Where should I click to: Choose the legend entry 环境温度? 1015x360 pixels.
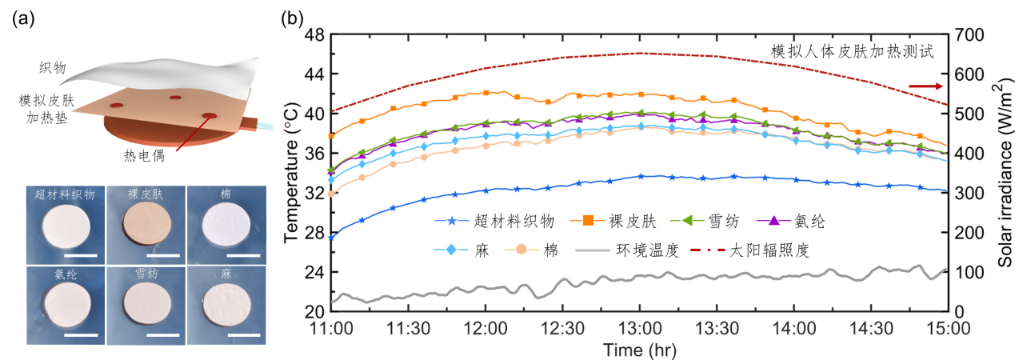click(647, 250)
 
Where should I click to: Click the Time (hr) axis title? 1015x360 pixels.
click(638, 349)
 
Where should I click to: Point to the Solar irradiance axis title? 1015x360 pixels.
click(1002, 173)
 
